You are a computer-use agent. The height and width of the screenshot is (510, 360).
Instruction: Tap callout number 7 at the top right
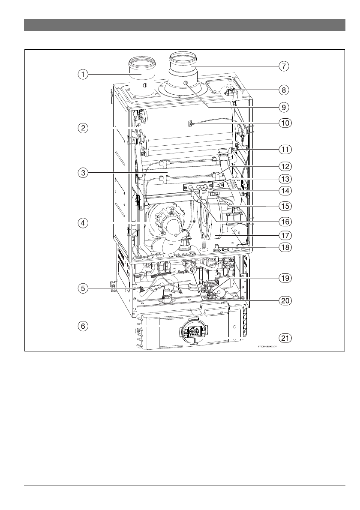tap(283, 66)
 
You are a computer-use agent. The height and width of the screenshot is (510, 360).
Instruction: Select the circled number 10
tap(283, 123)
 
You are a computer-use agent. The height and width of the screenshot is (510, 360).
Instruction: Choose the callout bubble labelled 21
tap(283, 338)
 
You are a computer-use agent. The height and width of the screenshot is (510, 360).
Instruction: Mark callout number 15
tap(283, 205)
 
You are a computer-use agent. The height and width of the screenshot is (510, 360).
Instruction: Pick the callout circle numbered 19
tap(283, 278)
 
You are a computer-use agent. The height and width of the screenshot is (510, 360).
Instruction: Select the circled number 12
tap(283, 165)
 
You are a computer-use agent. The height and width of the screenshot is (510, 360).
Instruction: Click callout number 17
tap(283, 235)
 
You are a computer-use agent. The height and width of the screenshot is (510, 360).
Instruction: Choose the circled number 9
tap(283, 106)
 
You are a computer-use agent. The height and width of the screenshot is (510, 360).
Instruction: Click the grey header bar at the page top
tap(184, 25)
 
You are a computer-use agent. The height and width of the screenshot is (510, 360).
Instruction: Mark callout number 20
tap(283, 300)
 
